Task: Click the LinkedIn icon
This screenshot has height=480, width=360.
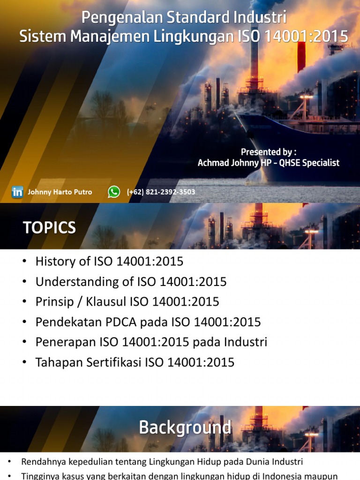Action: click(x=17, y=192)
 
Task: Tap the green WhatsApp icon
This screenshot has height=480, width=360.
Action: click(x=114, y=192)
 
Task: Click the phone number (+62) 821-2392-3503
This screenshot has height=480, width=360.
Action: click(x=161, y=192)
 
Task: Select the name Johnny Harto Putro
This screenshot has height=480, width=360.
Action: click(x=60, y=192)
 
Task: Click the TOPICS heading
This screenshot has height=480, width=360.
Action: click(x=49, y=228)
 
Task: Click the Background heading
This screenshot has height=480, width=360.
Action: click(x=185, y=427)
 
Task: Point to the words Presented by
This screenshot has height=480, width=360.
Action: click(x=268, y=152)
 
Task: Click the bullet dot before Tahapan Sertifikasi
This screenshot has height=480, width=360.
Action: click(x=25, y=362)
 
